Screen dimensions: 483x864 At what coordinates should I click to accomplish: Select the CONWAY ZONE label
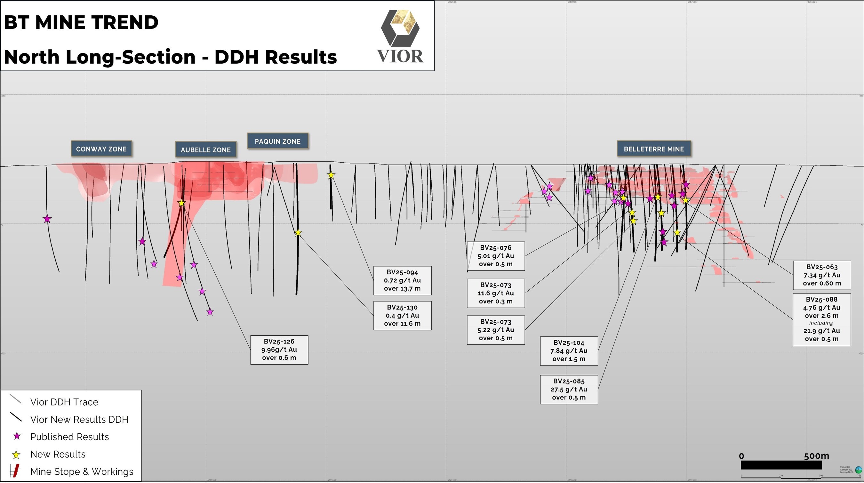tap(101, 149)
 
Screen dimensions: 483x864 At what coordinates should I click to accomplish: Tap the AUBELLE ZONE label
tap(206, 149)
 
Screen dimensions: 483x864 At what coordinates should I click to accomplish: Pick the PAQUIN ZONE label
tap(278, 141)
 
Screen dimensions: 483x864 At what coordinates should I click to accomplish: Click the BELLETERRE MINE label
tap(654, 149)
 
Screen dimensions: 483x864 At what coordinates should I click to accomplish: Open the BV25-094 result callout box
tap(402, 280)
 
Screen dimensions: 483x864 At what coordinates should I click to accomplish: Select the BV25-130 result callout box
tap(402, 315)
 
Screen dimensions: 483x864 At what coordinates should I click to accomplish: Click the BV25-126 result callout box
tap(279, 350)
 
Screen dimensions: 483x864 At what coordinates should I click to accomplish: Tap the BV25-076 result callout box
tap(496, 256)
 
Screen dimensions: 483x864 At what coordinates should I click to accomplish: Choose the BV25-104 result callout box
tap(569, 351)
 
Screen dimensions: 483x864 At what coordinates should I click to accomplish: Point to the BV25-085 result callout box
tap(569, 390)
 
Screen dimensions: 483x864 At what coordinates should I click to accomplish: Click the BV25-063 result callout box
tap(822, 275)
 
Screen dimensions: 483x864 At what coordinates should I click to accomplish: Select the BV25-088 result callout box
tap(822, 319)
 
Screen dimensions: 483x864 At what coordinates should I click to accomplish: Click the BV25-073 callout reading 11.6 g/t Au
tap(496, 293)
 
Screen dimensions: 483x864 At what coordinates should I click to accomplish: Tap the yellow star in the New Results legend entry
tap(16, 455)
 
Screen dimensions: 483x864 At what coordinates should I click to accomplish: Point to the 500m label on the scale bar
tap(816, 456)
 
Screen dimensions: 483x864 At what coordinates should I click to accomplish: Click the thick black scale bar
tap(781, 465)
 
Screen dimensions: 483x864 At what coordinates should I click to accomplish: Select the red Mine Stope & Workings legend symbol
tap(15, 471)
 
